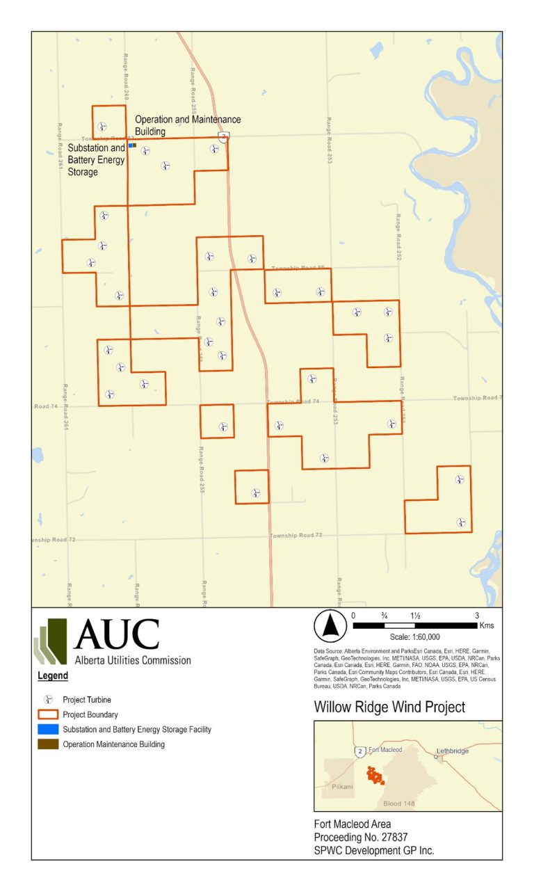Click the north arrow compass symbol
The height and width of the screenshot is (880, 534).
330,626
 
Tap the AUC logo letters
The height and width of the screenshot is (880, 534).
116,634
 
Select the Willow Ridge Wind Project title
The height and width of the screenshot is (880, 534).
389,707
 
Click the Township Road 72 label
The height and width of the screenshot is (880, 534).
296,535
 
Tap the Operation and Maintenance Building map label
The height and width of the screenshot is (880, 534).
188,125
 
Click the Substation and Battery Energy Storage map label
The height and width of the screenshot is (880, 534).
96,159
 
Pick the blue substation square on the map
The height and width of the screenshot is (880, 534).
131,145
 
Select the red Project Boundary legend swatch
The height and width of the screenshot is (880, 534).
48,714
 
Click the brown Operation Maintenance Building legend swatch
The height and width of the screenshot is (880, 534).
48,744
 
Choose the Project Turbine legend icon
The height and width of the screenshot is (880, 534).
48,699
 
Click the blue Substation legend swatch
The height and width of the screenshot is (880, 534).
48,729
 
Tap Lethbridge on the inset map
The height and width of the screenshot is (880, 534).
452,751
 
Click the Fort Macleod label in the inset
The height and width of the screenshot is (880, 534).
386,749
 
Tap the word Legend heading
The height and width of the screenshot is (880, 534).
52,675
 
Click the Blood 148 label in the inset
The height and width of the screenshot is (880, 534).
399,803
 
